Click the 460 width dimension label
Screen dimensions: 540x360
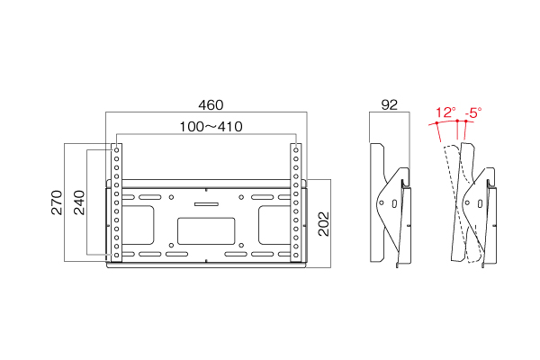coord(211,104)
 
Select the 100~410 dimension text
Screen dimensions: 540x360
coord(211,126)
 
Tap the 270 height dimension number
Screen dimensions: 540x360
coord(57,202)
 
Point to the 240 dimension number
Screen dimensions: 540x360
coord(79,202)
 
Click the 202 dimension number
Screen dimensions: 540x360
coord(324,224)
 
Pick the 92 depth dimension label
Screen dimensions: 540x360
coord(390,104)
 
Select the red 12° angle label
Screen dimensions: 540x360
coord(445,112)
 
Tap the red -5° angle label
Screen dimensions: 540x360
coord(473,112)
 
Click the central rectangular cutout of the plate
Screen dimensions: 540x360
coord(206,230)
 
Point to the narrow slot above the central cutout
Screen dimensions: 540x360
coord(206,204)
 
